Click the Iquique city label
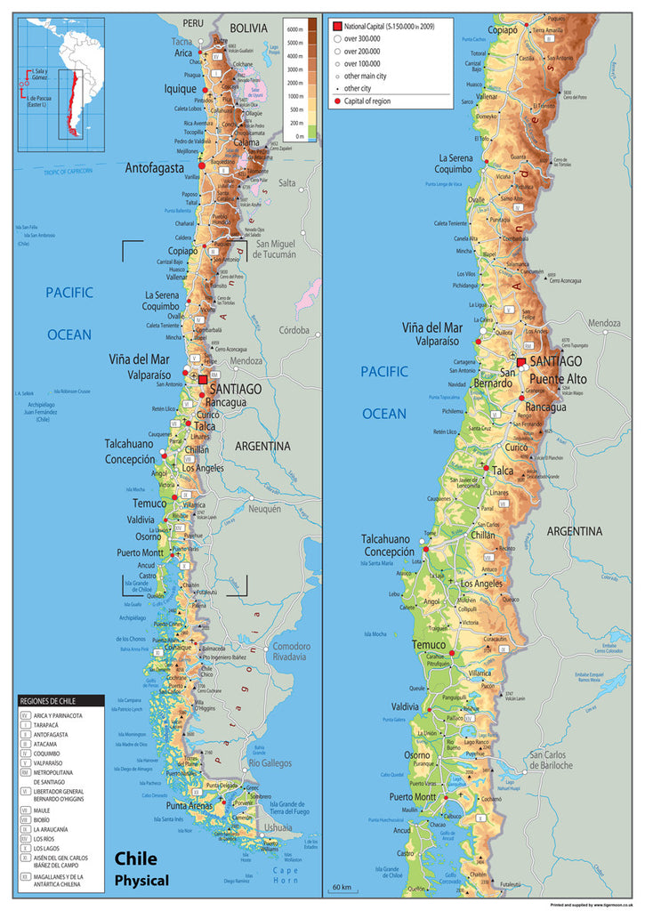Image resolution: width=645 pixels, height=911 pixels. click(181, 90)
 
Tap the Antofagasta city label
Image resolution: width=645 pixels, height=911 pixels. click(154, 167)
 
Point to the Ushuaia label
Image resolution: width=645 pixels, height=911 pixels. click(278, 826)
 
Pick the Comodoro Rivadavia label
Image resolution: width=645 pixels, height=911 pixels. click(292, 651)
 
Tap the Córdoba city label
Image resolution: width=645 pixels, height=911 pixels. click(293, 329)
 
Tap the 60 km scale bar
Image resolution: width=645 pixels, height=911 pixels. click(342, 887)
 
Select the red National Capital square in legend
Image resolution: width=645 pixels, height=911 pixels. click(337, 27)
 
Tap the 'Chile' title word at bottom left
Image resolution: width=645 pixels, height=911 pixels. click(135, 859)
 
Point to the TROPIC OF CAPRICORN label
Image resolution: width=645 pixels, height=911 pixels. click(69, 172)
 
